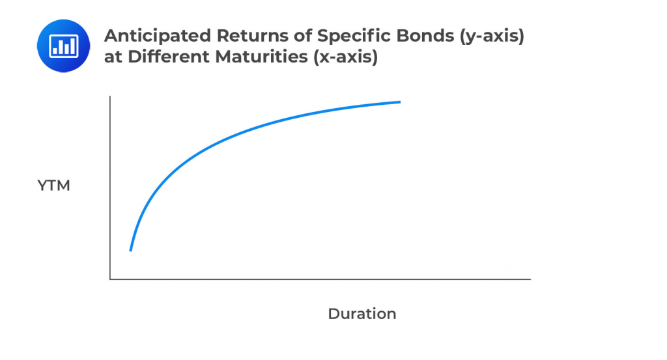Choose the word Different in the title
(166, 57)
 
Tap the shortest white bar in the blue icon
(57, 49)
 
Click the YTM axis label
(53, 186)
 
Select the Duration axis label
(362, 314)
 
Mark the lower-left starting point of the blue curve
(131, 250)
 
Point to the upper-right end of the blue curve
(399, 102)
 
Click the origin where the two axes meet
(111, 279)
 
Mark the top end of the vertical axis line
(111, 96)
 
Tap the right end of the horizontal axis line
(530, 279)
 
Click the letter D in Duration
(333, 314)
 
